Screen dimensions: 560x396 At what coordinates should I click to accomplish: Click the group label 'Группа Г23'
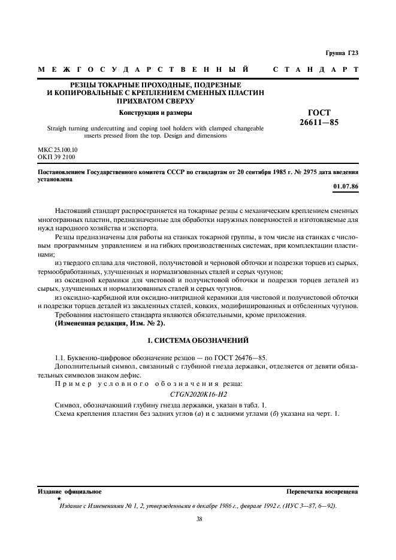(x=342, y=53)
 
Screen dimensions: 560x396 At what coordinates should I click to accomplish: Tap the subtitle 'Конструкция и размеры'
(x=156, y=112)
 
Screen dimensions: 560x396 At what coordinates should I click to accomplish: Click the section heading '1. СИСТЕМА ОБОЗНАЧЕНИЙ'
(x=198, y=340)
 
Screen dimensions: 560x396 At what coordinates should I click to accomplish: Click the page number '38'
(x=199, y=519)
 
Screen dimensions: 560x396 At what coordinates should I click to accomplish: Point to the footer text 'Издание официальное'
(x=69, y=491)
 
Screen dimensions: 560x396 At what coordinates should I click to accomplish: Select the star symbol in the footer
(x=59, y=498)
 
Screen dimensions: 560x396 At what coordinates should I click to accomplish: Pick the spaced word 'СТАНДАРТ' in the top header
(x=316, y=70)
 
